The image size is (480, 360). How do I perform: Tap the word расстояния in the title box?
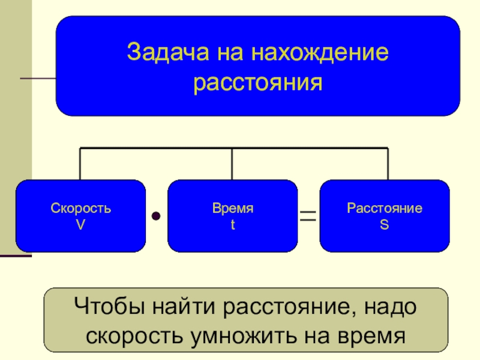tap(258, 82)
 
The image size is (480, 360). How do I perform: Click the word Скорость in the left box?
tap(80, 209)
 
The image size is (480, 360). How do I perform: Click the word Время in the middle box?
tap(232, 209)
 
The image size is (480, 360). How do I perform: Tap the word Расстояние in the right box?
tap(384, 209)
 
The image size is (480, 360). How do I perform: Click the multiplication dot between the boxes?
tap(156, 215)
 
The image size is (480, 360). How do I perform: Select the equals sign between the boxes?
tap(308, 215)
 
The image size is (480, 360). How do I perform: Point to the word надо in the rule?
tap(388, 310)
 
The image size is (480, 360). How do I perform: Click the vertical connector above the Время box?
tap(232, 164)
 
